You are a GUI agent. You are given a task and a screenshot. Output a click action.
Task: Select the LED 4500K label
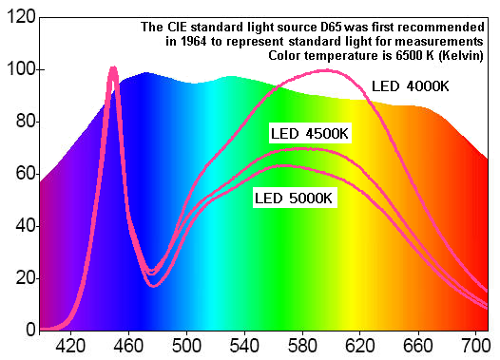pyautogui.click(x=310, y=132)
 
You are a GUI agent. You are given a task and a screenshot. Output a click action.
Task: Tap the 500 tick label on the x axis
pyautogui.click(x=185, y=347)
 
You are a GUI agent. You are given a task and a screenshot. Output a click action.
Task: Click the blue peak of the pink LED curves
pyautogui.click(x=113, y=69)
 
